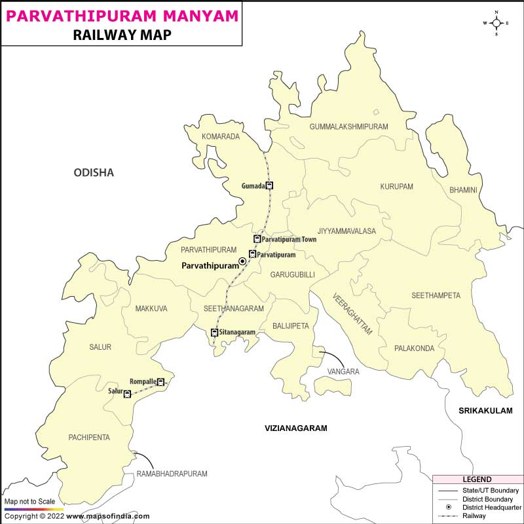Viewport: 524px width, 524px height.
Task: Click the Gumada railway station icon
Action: tap(269, 185)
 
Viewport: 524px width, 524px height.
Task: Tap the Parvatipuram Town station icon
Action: tap(257, 240)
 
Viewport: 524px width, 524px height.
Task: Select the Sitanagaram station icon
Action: tap(214, 333)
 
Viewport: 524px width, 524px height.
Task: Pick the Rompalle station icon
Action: tap(160, 382)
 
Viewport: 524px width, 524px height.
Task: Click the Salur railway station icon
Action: tap(127, 394)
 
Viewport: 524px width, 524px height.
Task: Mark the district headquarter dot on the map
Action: tap(242, 261)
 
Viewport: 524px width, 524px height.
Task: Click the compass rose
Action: tap(496, 23)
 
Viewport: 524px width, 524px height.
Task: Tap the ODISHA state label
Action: tap(94, 173)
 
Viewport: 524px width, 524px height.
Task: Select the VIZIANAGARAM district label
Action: tap(295, 428)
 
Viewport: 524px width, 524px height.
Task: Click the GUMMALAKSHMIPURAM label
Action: tap(349, 126)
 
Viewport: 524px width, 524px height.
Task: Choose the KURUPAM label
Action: tap(397, 187)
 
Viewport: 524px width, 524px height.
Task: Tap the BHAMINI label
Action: tap(463, 191)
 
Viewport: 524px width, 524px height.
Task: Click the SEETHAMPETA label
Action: tap(436, 295)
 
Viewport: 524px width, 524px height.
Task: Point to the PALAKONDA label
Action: tap(414, 348)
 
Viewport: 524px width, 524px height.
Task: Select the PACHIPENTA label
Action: tap(89, 437)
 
